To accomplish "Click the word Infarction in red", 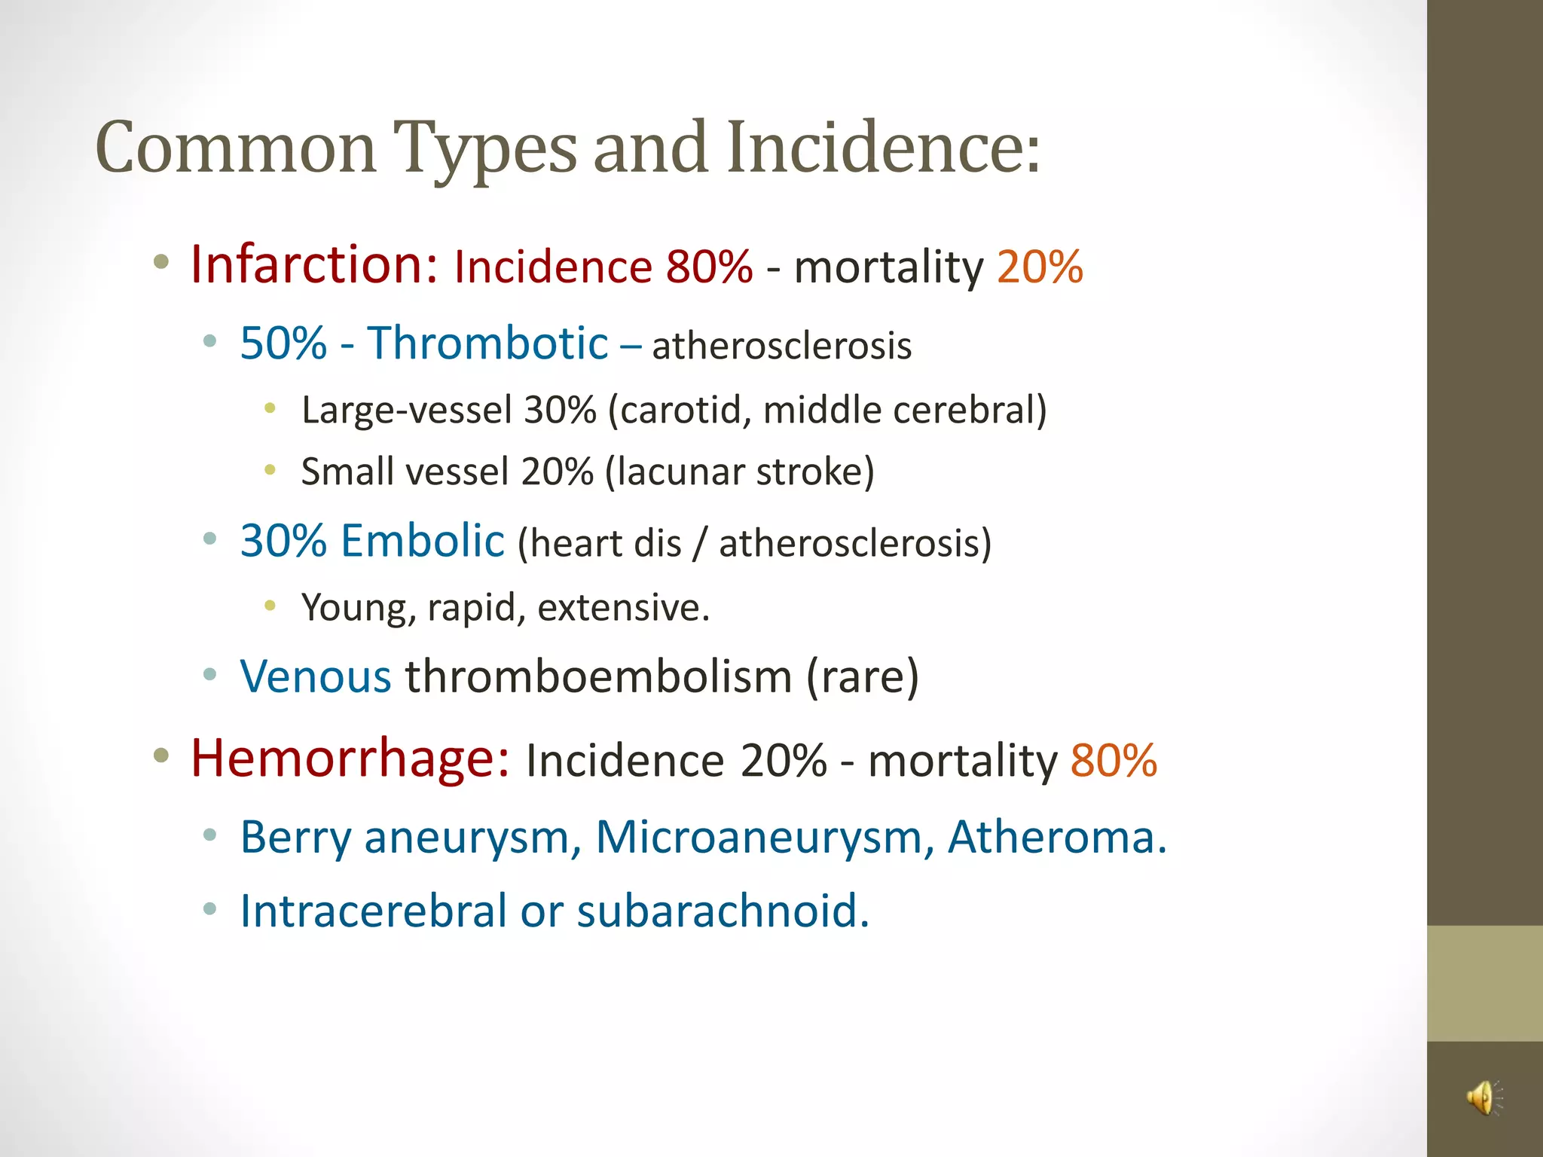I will pyautogui.click(x=313, y=265).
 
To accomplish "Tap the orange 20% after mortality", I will pyautogui.click(x=1040, y=267).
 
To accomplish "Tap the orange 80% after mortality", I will pyautogui.click(x=1114, y=760).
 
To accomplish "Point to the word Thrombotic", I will pyautogui.click(x=487, y=343).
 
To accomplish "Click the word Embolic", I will pyautogui.click(x=422, y=541).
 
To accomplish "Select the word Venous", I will pyautogui.click(x=315, y=676).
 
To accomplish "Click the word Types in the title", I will pyautogui.click(x=485, y=148).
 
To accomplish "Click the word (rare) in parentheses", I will pyautogui.click(x=863, y=676).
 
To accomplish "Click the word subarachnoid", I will pyautogui.click(x=723, y=911).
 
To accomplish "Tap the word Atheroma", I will pyautogui.click(x=1056, y=837).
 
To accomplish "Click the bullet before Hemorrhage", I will pyautogui.click(x=160, y=756).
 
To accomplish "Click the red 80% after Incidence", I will pyautogui.click(x=709, y=267).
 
